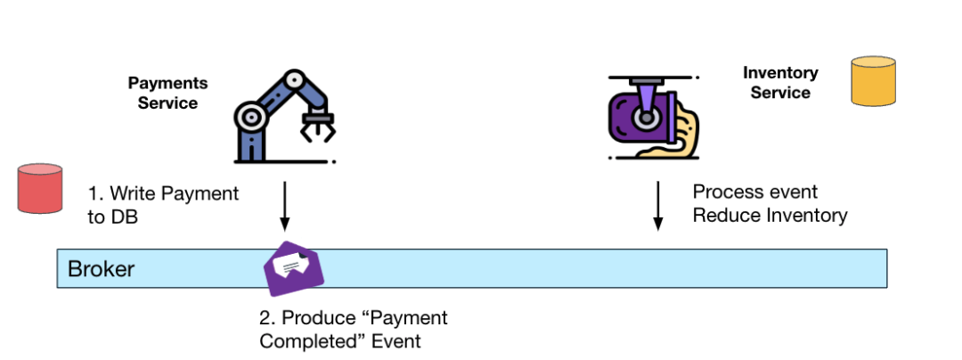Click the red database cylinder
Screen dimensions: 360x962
[41, 187]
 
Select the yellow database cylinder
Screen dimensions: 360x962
[872, 83]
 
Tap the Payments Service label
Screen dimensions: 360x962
[167, 93]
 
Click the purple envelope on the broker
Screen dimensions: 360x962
[294, 268]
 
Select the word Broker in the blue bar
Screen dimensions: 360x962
[102, 269]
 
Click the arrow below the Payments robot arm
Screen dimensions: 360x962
[284, 206]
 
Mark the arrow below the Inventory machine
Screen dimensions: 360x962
[658, 206]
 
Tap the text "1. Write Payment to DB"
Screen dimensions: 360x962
[163, 204]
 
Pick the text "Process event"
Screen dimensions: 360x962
[755, 192]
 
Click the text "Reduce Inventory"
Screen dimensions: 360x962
[770, 216]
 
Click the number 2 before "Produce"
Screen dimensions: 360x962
[264, 318]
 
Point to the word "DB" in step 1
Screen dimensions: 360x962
[103, 216]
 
